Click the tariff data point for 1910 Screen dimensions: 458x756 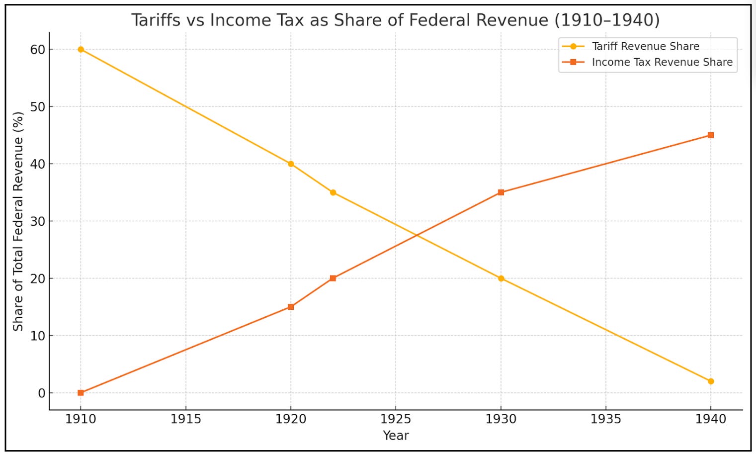(x=81, y=49)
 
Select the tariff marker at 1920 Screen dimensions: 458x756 (x=291, y=164)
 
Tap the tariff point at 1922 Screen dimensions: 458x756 (x=333, y=192)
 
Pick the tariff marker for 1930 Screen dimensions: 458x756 (x=501, y=278)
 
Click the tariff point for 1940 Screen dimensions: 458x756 (x=711, y=381)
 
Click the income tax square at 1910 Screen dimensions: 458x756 (x=81, y=393)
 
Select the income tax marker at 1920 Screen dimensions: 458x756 (x=291, y=307)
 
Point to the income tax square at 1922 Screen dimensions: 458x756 (x=333, y=278)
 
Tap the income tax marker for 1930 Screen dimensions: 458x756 (x=501, y=192)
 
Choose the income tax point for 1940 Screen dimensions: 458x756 (x=711, y=135)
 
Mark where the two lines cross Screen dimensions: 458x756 (x=417, y=235)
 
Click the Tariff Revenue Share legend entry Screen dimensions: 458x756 (x=645, y=46)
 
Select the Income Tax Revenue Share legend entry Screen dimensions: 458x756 (x=662, y=62)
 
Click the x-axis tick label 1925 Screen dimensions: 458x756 (x=396, y=419)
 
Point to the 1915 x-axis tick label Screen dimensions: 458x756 (x=186, y=419)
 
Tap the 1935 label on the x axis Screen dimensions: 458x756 (x=605, y=419)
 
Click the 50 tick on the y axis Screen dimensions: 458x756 (x=37, y=107)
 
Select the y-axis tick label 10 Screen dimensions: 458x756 (x=37, y=336)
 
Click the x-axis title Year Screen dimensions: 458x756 (x=396, y=436)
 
